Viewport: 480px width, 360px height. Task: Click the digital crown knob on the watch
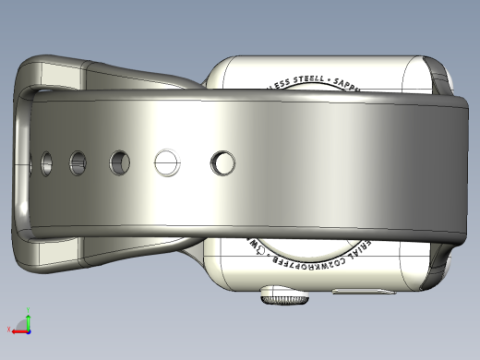(x=284, y=296)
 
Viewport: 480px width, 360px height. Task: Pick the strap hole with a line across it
(x=166, y=163)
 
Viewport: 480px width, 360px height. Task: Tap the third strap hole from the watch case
(x=120, y=163)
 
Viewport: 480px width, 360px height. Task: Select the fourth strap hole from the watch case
(x=78, y=163)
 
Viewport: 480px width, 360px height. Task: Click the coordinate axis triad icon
(x=22, y=324)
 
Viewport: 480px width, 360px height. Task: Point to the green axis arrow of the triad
(x=28, y=316)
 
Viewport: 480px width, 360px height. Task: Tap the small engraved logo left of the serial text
(x=260, y=248)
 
